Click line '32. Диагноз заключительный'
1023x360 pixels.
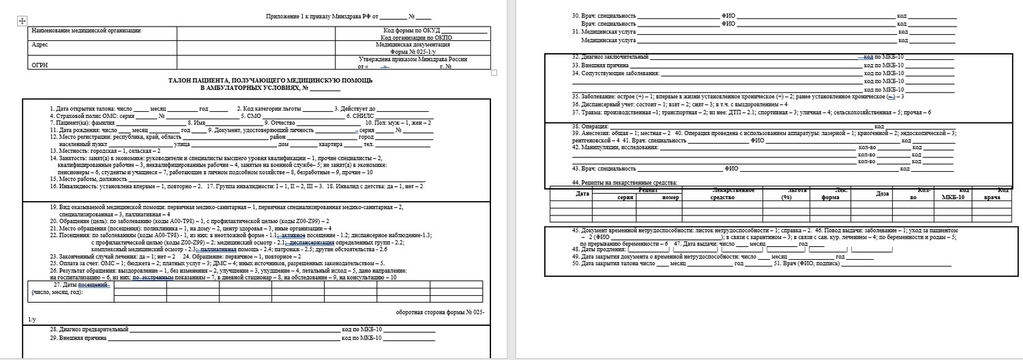pos(609,57)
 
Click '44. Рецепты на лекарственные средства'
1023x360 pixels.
pos(625,183)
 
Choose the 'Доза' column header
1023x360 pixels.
pos(883,194)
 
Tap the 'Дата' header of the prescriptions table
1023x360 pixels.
pos(582,194)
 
